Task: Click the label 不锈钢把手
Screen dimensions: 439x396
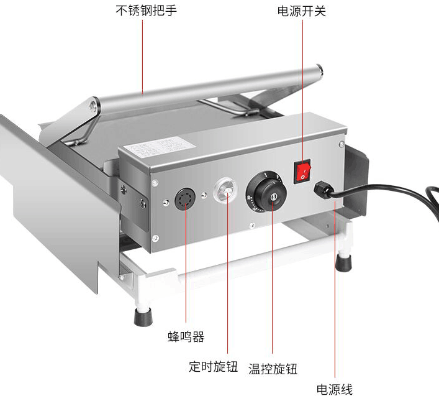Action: (142, 11)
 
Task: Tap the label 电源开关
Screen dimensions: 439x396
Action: (301, 11)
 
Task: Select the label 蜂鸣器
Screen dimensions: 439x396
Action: (186, 337)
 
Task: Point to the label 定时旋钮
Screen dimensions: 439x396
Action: (214, 366)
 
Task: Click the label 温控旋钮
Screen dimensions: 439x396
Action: (273, 369)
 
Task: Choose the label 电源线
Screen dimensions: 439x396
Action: (335, 389)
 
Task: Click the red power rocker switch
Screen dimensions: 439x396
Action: (302, 170)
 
